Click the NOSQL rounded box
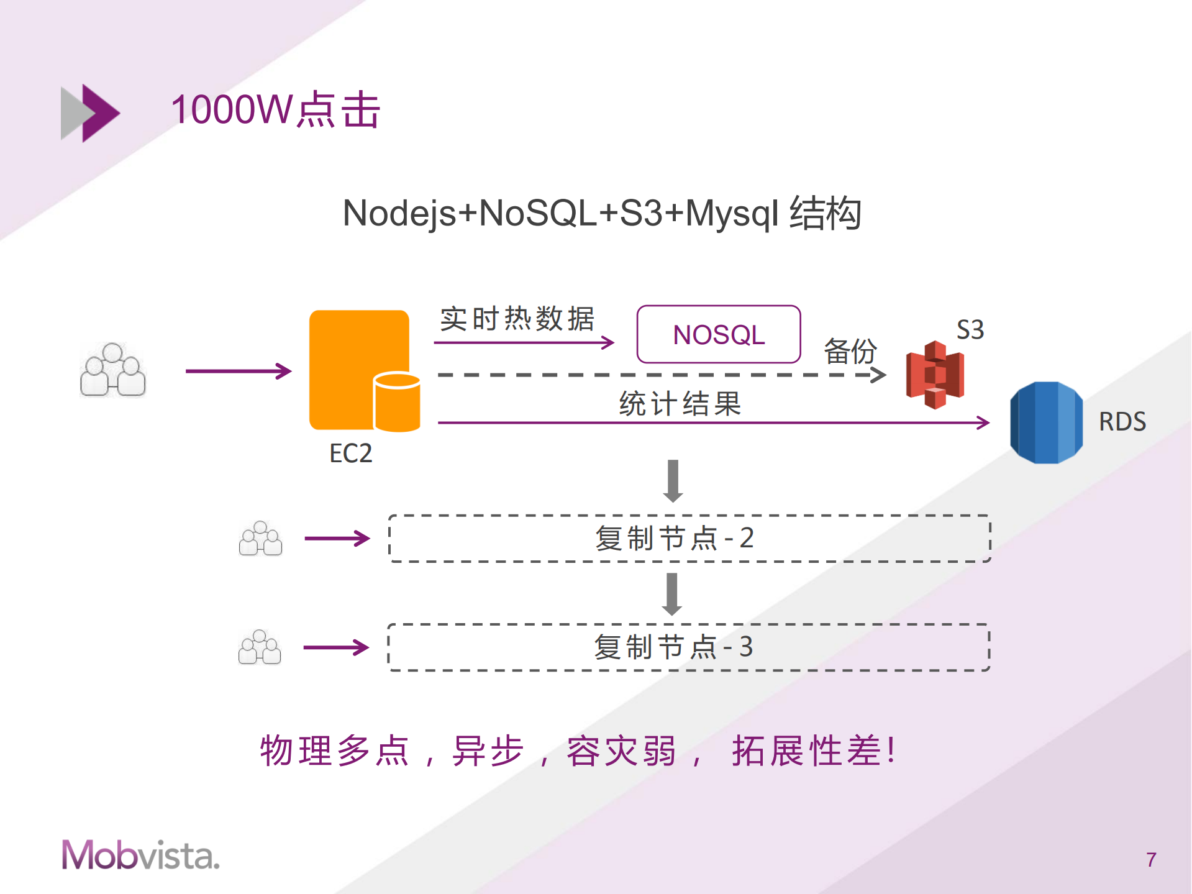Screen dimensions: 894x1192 click(x=718, y=334)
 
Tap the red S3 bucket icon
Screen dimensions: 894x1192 click(x=934, y=375)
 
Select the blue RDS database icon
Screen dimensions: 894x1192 click(x=1046, y=422)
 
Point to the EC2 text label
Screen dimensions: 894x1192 click(x=350, y=454)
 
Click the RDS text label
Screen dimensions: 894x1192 click(x=1122, y=422)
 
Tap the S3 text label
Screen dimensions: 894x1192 click(x=970, y=329)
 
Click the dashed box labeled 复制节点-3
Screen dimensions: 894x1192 click(x=688, y=647)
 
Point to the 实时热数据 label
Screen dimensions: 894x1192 click(x=517, y=319)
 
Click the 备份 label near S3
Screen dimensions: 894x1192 click(x=850, y=352)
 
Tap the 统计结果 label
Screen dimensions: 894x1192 click(x=680, y=404)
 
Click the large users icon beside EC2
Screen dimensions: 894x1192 click(x=113, y=370)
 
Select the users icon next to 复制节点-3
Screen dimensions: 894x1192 click(x=260, y=647)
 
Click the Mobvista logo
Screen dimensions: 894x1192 click(x=140, y=855)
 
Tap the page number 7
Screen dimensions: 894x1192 click(x=1150, y=860)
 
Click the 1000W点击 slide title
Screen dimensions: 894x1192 click(x=275, y=110)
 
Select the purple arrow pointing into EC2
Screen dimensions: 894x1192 click(x=239, y=371)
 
